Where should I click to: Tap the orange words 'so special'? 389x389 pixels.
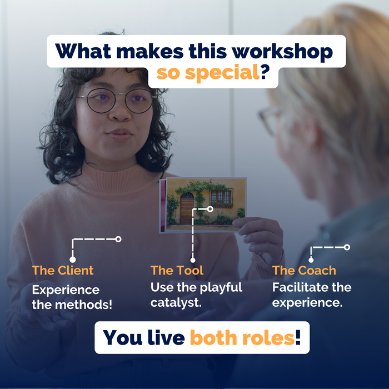(x=208, y=73)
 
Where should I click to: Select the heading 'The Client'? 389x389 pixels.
(x=62, y=270)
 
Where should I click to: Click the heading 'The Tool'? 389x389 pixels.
(x=177, y=270)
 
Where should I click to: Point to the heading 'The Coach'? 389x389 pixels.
(x=304, y=270)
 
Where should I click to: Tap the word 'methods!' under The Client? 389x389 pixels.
(x=83, y=305)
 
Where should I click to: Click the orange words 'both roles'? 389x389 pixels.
(x=242, y=338)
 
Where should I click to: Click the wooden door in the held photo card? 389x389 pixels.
(x=187, y=208)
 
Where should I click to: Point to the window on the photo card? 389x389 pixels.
(x=220, y=197)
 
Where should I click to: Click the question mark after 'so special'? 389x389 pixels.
(x=265, y=72)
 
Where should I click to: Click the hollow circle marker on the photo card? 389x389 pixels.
(x=210, y=209)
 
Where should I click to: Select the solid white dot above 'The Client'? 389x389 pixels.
(x=72, y=260)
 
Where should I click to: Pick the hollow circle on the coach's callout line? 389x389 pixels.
(x=347, y=247)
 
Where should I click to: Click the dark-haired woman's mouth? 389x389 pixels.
(x=119, y=134)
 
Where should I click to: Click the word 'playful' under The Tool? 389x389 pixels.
(x=221, y=288)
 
